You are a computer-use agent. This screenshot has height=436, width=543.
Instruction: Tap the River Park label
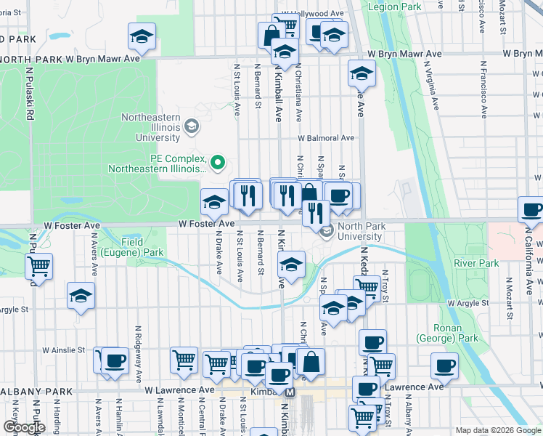(476, 263)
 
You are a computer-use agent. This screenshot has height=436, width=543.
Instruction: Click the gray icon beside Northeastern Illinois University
(191, 127)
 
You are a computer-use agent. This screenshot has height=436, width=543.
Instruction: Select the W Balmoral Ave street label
(325, 137)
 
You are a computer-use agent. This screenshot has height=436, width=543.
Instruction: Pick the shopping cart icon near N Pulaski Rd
(38, 266)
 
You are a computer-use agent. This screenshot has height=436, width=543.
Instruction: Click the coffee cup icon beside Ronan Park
(444, 366)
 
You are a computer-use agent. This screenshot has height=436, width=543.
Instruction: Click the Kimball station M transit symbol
(290, 392)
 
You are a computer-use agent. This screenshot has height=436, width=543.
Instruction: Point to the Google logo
(24, 427)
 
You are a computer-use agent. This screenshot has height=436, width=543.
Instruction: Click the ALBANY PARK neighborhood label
(36, 391)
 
